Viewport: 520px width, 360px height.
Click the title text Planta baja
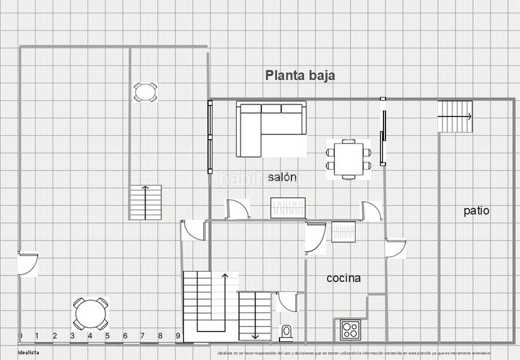click(300, 75)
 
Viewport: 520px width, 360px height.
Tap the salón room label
click(282, 177)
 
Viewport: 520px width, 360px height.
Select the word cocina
click(344, 278)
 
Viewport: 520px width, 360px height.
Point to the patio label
click(476, 211)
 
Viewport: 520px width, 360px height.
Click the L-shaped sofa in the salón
click(270, 128)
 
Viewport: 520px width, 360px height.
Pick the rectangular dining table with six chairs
click(349, 159)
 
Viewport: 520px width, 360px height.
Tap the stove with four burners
click(351, 329)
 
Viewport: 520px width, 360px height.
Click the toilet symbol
click(286, 333)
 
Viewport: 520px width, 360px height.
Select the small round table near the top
click(145, 92)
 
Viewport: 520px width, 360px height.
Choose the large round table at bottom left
click(90, 314)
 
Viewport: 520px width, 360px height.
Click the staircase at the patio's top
click(455, 117)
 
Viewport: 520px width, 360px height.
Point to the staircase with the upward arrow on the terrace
click(145, 202)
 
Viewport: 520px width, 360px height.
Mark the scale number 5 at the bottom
click(107, 336)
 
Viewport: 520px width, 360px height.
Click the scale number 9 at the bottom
click(177, 336)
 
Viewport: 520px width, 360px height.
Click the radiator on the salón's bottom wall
click(287, 209)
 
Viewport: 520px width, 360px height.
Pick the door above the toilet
click(287, 302)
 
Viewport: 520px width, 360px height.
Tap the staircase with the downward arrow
click(254, 315)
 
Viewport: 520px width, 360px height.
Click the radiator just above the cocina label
click(343, 232)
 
